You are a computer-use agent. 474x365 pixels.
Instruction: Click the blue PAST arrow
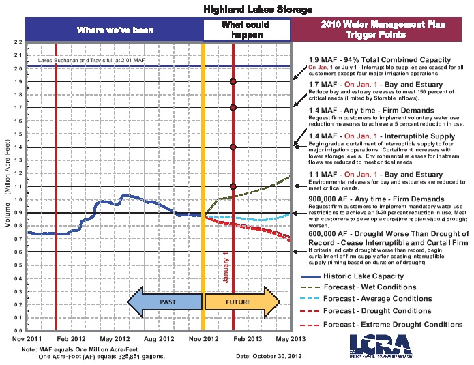(164, 301)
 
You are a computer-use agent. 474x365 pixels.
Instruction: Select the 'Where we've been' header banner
(115, 30)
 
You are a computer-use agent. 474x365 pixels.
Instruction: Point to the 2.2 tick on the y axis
(17, 42)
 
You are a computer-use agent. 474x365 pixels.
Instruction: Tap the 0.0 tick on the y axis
(17, 331)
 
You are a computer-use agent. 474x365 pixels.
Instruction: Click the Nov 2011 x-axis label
(27, 338)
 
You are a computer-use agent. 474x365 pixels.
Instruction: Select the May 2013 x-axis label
(290, 338)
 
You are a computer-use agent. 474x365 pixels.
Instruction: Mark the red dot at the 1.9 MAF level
(233, 82)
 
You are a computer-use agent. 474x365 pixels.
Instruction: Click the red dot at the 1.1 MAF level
(233, 186)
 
